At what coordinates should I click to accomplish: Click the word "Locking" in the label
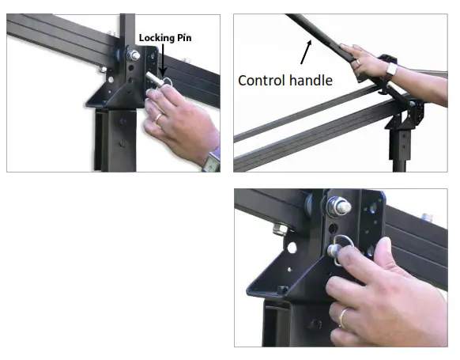(154, 37)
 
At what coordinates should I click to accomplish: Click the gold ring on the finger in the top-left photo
(158, 118)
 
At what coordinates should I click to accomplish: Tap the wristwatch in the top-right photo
(392, 70)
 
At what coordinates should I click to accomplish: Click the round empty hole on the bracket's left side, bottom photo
(292, 248)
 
